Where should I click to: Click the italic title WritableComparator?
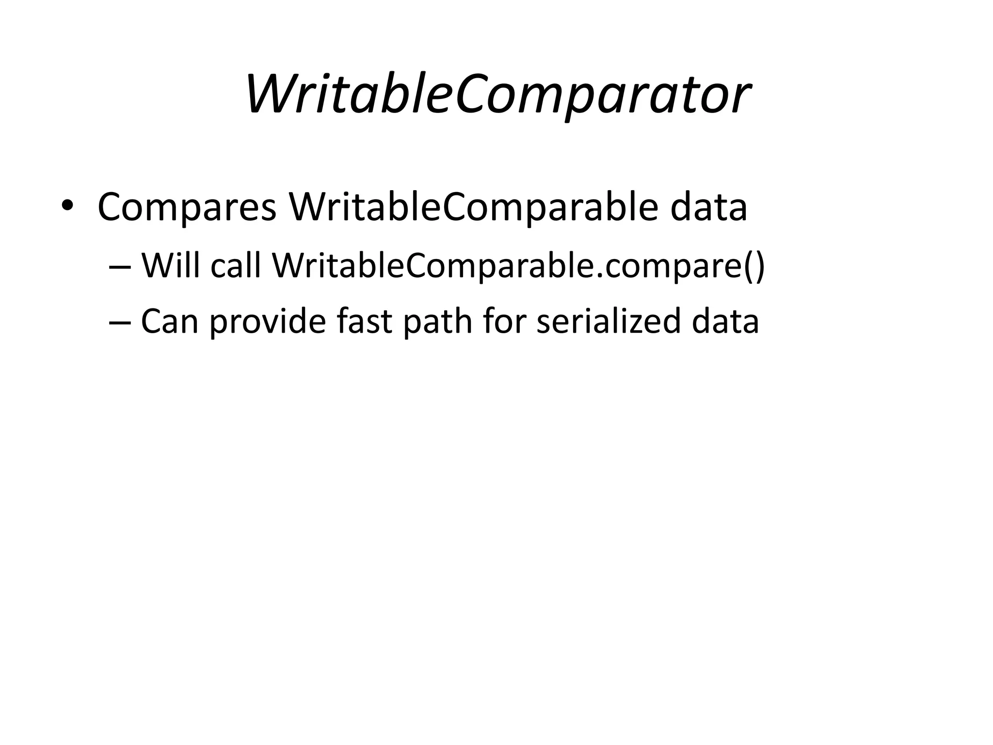[497, 95]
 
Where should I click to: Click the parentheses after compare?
[753, 267]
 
